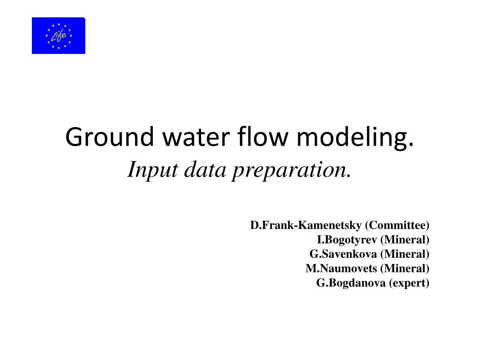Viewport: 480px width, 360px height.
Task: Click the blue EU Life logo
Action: [59, 36]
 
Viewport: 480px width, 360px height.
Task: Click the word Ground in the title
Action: [109, 136]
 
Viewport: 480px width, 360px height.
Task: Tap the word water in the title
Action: [196, 136]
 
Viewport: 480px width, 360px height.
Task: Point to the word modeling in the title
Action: [352, 137]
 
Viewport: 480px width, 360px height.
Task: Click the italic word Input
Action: [153, 170]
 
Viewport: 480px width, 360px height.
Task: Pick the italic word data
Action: [205, 169]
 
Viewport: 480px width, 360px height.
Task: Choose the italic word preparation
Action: [289, 170]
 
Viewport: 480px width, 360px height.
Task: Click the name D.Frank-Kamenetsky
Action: [306, 225]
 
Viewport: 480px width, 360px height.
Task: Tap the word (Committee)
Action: [397, 225]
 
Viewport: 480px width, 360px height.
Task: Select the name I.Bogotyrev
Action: [347, 240]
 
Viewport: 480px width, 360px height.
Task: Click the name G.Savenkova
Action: [343, 254]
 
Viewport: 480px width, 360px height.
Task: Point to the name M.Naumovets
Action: [341, 269]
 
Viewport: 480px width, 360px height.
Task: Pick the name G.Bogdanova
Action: [351, 283]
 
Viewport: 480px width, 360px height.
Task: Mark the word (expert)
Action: [409, 283]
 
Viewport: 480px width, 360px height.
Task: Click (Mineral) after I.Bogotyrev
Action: [405, 240]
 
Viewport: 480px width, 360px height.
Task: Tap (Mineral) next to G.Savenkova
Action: [405, 254]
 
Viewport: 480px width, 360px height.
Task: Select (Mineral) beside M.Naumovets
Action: [405, 269]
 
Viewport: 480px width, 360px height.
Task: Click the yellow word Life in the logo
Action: [59, 36]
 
